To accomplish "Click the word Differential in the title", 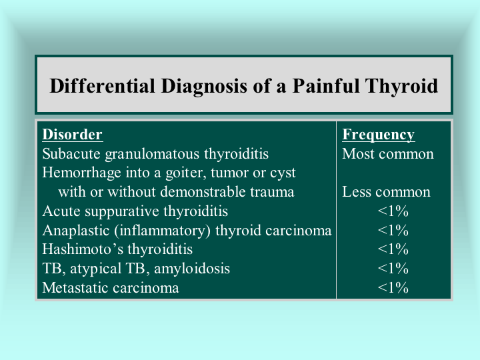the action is click(x=102, y=86).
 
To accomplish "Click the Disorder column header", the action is click(x=72, y=135).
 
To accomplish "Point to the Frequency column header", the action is click(x=379, y=135).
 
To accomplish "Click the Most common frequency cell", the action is click(x=388, y=154).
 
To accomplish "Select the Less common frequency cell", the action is click(x=386, y=192).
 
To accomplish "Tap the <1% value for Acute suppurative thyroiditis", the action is click(x=393, y=211).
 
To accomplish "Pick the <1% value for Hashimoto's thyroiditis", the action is click(x=393, y=249).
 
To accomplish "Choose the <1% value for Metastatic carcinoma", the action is click(x=393, y=288).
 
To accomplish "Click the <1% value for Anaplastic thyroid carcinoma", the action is click(x=393, y=230).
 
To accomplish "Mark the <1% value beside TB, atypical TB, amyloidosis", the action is click(x=393, y=269).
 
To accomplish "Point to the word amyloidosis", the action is click(x=192, y=269).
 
